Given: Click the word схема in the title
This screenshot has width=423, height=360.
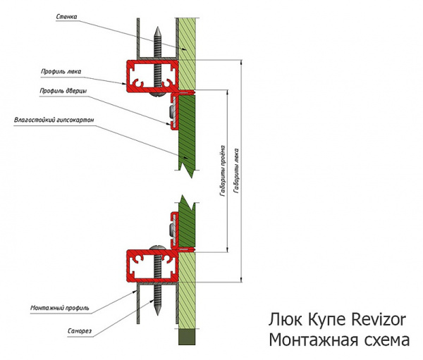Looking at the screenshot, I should coord(385,341).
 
